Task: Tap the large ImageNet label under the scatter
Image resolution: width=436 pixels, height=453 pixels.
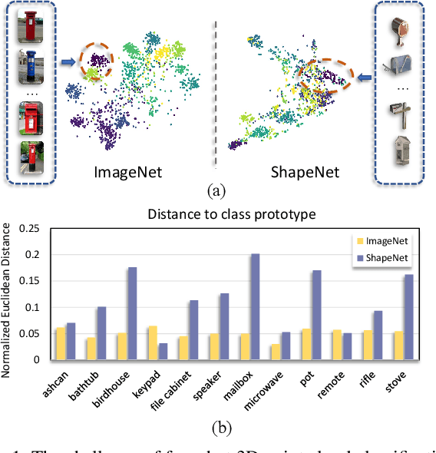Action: [x=132, y=171]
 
